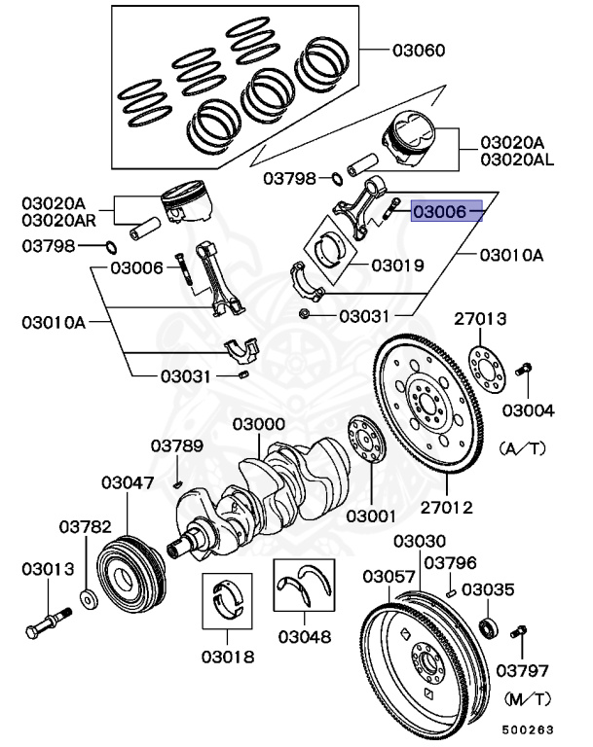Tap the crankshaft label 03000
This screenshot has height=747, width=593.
(258, 425)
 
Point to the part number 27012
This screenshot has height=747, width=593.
(447, 506)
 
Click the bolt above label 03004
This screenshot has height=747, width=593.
(523, 370)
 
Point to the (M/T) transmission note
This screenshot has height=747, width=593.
(527, 697)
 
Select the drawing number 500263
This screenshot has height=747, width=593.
(528, 729)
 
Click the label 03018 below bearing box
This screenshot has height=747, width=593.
(228, 657)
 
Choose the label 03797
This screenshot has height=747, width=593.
(522, 670)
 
